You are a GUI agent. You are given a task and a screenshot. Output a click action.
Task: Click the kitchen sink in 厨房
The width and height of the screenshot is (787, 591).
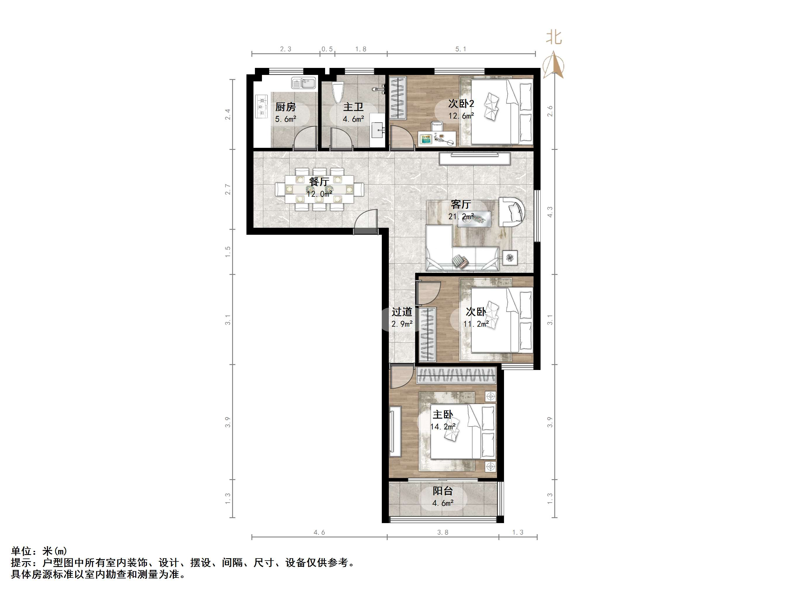303,83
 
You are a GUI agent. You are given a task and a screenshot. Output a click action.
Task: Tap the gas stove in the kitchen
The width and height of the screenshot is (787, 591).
261,106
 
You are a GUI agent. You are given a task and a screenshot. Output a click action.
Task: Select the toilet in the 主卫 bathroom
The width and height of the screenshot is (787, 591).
338,92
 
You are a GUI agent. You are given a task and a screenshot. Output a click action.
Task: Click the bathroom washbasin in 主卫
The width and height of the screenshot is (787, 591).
377,130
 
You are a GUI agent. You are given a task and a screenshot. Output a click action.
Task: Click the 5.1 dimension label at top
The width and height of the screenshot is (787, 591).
461,49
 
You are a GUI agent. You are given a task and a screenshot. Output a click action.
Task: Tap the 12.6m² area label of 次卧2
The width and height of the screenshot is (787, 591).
461,116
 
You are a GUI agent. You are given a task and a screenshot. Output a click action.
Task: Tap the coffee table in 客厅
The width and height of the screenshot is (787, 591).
474,219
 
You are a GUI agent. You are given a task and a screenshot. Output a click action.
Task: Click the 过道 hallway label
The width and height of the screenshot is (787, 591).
402,312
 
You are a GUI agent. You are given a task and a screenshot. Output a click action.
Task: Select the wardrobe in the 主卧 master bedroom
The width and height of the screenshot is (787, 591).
456,375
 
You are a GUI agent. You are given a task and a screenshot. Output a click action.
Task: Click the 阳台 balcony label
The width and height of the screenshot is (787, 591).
443,491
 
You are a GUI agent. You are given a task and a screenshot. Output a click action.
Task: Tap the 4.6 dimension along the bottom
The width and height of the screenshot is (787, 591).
319,532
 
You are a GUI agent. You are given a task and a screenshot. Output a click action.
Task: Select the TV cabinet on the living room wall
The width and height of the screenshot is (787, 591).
474,159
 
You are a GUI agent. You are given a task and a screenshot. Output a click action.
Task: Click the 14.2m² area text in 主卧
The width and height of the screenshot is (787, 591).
443,426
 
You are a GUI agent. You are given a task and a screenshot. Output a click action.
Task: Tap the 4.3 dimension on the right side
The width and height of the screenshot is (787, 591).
550,212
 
